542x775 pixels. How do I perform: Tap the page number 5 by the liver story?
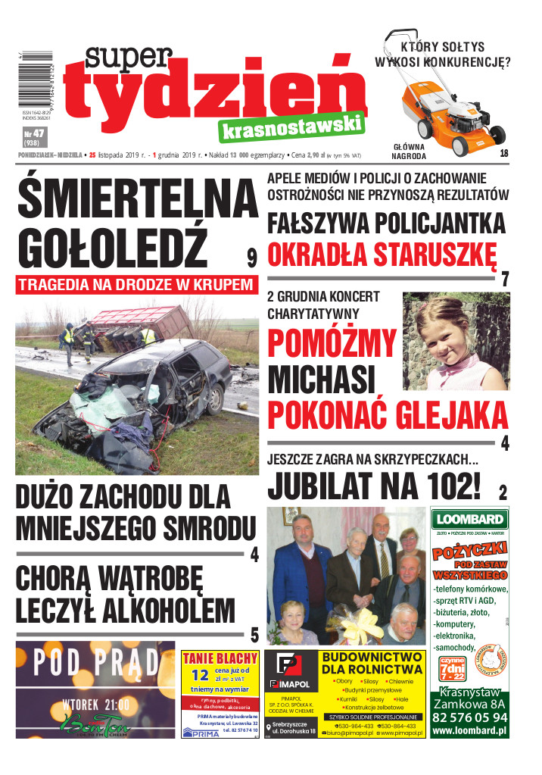(x=254, y=634)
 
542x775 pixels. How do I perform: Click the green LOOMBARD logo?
(x=469, y=519)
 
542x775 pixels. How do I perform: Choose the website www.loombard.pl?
(x=469, y=732)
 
